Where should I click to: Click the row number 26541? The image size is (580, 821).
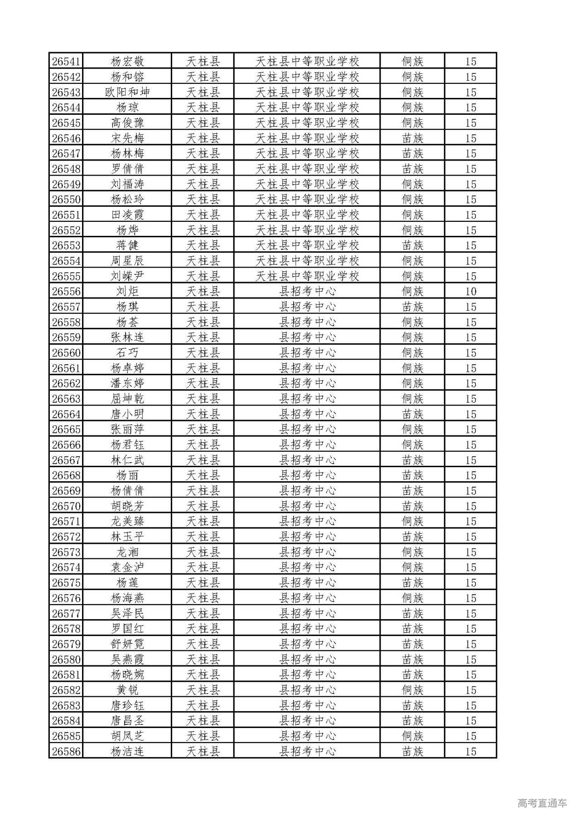pyautogui.click(x=66, y=61)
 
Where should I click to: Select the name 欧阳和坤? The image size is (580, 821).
pyautogui.click(x=127, y=92)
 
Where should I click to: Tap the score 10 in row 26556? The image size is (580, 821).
pyautogui.click(x=471, y=291)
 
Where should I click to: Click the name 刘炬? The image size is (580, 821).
pyautogui.click(x=127, y=291)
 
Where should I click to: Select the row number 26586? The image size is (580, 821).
pyautogui.click(x=66, y=752)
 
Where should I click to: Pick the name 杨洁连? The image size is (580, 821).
pyautogui.click(x=127, y=752)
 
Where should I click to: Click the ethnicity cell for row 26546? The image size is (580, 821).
pyautogui.click(x=412, y=138)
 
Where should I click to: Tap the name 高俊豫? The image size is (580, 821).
pyautogui.click(x=127, y=122)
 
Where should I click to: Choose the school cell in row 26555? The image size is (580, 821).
pyautogui.click(x=307, y=276)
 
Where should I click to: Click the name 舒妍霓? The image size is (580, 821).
pyautogui.click(x=127, y=644)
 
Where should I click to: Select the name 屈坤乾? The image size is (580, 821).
pyautogui.click(x=127, y=399)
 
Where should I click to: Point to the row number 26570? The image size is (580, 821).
pyautogui.click(x=66, y=506)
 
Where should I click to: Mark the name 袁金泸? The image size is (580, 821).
pyautogui.click(x=127, y=567)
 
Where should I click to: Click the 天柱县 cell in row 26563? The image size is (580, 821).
pyautogui.click(x=203, y=399)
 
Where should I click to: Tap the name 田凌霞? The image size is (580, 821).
pyautogui.click(x=127, y=215)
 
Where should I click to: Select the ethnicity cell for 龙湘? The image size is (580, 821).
pyautogui.click(x=412, y=552)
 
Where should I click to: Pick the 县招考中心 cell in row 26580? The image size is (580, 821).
pyautogui.click(x=307, y=660)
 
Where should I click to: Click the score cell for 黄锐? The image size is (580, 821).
pyautogui.click(x=471, y=690)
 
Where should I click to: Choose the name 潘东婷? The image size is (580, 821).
pyautogui.click(x=127, y=383)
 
